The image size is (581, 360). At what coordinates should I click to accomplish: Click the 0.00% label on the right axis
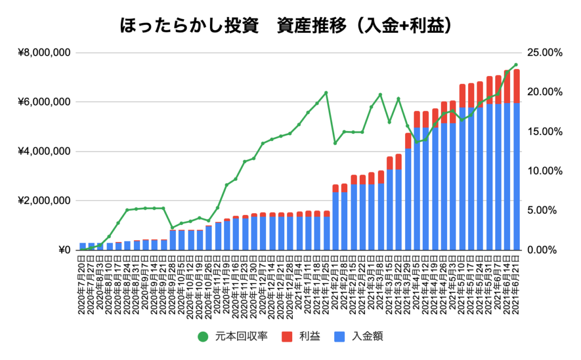point(544,250)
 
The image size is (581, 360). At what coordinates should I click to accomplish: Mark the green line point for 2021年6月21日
point(516,65)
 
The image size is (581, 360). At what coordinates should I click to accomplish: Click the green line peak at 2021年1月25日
point(326,92)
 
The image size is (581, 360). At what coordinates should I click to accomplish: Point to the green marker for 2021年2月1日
point(335,143)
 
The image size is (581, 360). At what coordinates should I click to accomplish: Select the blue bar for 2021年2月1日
point(335,221)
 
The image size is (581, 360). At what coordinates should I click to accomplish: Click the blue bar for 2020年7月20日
point(83,247)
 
